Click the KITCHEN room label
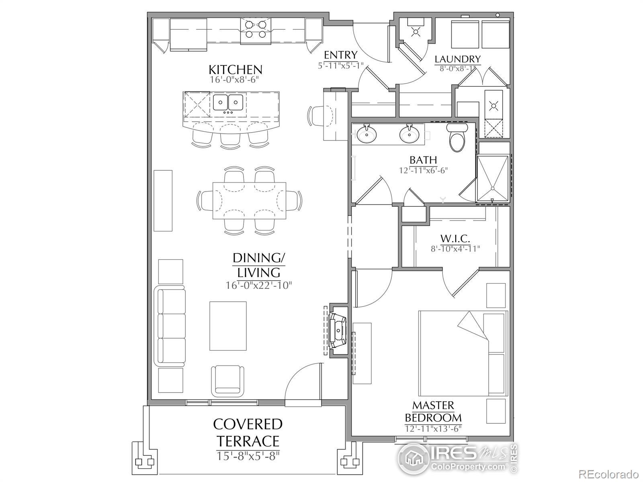click(235, 69)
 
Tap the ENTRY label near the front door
click(341, 55)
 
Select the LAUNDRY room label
click(457, 59)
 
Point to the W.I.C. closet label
click(455, 239)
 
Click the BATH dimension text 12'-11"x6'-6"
click(423, 170)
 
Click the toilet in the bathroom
click(457, 137)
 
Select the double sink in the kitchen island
click(228, 102)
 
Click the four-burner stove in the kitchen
click(256, 31)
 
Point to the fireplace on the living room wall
click(338, 330)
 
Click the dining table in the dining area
click(249, 200)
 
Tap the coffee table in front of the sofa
click(228, 326)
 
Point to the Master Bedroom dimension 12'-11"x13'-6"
click(433, 429)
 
